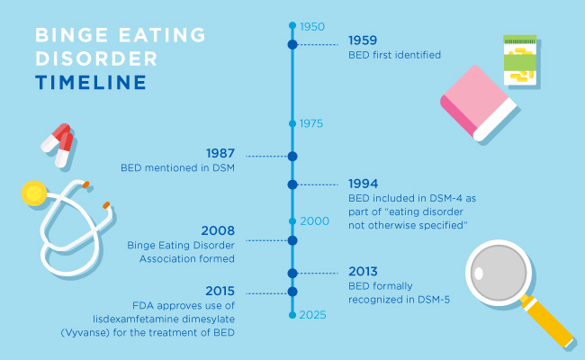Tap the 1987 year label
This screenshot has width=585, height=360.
(x=221, y=153)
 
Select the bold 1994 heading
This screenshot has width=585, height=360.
(x=364, y=183)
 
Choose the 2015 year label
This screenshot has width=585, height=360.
(x=220, y=291)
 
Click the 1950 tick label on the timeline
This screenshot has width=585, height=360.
(x=311, y=26)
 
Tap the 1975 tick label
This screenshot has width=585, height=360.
(x=311, y=123)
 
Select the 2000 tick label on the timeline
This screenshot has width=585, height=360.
(x=313, y=220)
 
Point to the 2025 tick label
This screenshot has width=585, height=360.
(x=312, y=315)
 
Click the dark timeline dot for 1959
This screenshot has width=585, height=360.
(x=292, y=44)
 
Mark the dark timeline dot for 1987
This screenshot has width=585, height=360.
(x=292, y=156)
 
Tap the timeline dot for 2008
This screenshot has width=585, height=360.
(x=292, y=240)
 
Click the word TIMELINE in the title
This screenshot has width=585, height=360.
(x=91, y=83)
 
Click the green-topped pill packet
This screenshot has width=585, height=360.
(x=519, y=58)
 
